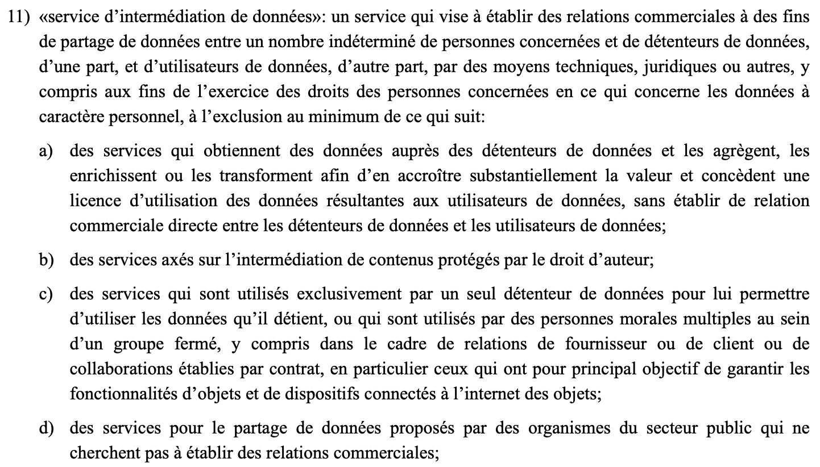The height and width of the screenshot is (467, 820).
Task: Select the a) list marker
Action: click(47, 152)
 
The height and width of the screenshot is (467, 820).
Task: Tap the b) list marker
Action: click(47, 261)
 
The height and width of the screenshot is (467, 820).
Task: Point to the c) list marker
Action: click(47, 295)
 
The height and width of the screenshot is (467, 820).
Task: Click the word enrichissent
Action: click(113, 175)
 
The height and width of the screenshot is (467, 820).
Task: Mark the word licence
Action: click(92, 200)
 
